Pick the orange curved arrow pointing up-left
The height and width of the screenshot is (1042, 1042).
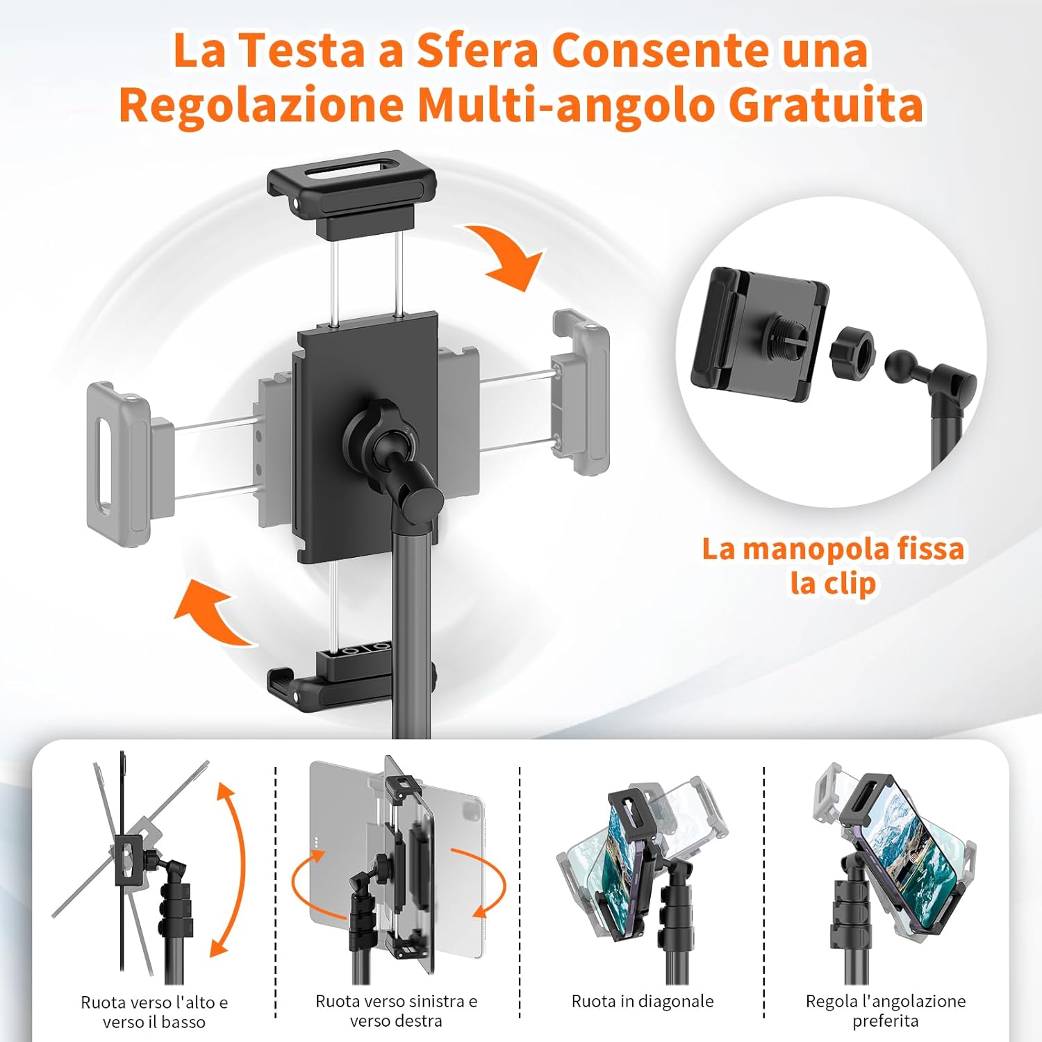coord(212,611)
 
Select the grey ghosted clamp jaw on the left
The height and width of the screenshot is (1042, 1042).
coord(118,455)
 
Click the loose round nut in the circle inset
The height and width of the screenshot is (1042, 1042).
coord(852,349)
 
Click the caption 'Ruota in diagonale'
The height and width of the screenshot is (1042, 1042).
coord(643,1001)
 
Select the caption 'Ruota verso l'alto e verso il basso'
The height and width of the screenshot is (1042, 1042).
coord(154,1011)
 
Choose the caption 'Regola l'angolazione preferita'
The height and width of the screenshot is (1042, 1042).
coord(886,1011)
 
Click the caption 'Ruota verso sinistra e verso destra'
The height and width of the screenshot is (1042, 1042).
coord(396,1011)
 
